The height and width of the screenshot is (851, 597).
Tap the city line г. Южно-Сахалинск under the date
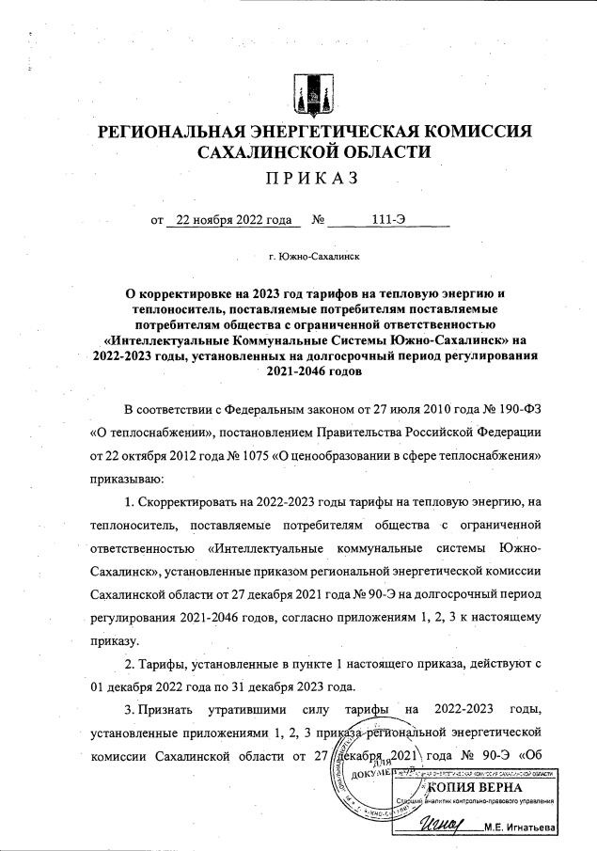pos(306,256)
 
